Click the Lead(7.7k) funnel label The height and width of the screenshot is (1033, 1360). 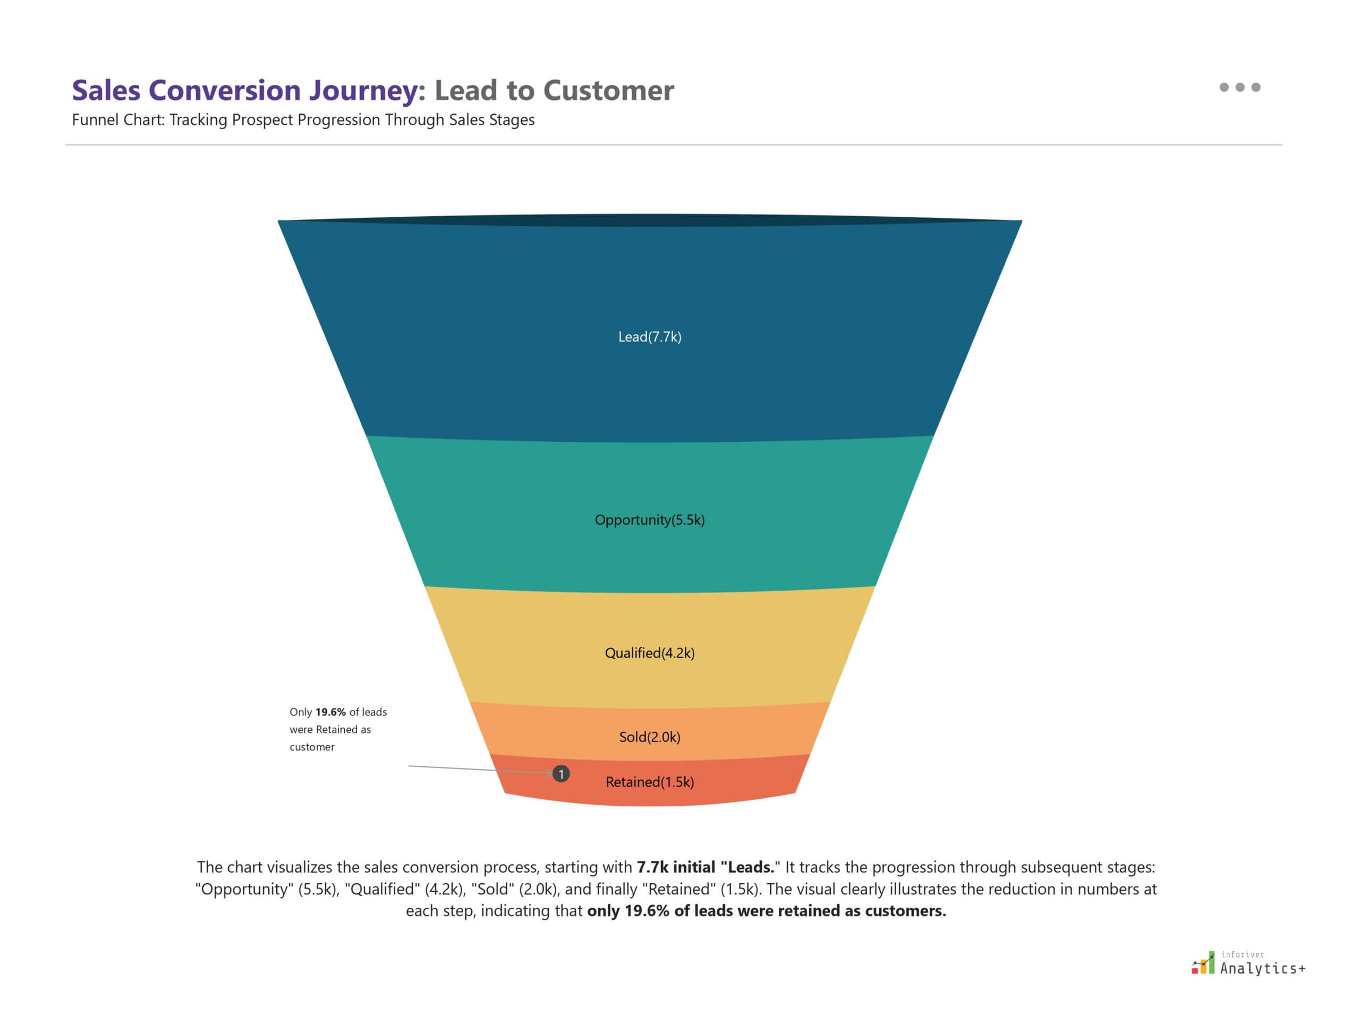pyautogui.click(x=650, y=337)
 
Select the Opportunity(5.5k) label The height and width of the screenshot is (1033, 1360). pyautogui.click(x=650, y=520)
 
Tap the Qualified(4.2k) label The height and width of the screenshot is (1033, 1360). pyautogui.click(x=650, y=653)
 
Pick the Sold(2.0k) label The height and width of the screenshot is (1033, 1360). pyautogui.click(x=650, y=737)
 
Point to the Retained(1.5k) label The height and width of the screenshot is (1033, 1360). pyautogui.click(x=650, y=782)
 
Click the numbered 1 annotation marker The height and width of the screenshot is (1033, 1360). pyautogui.click(x=561, y=773)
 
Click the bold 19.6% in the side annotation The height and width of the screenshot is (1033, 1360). pyautogui.click(x=330, y=712)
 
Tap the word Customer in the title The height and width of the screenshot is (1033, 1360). pyautogui.click(x=608, y=90)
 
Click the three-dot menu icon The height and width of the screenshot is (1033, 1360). pyautogui.click(x=1239, y=87)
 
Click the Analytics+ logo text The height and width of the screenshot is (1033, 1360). pyautogui.click(x=1262, y=969)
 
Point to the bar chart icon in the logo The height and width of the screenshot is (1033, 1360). pyautogui.click(x=1203, y=963)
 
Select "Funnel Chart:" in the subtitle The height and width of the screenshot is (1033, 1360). pyautogui.click(x=118, y=120)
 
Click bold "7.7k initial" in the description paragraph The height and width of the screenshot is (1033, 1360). pyautogui.click(x=675, y=868)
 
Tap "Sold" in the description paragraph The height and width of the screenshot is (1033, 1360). pyautogui.click(x=492, y=890)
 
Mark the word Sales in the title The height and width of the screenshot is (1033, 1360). pyautogui.click(x=106, y=90)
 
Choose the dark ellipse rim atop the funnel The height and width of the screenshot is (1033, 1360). pyautogui.click(x=650, y=220)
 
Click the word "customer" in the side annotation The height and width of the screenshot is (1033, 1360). pyautogui.click(x=312, y=747)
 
